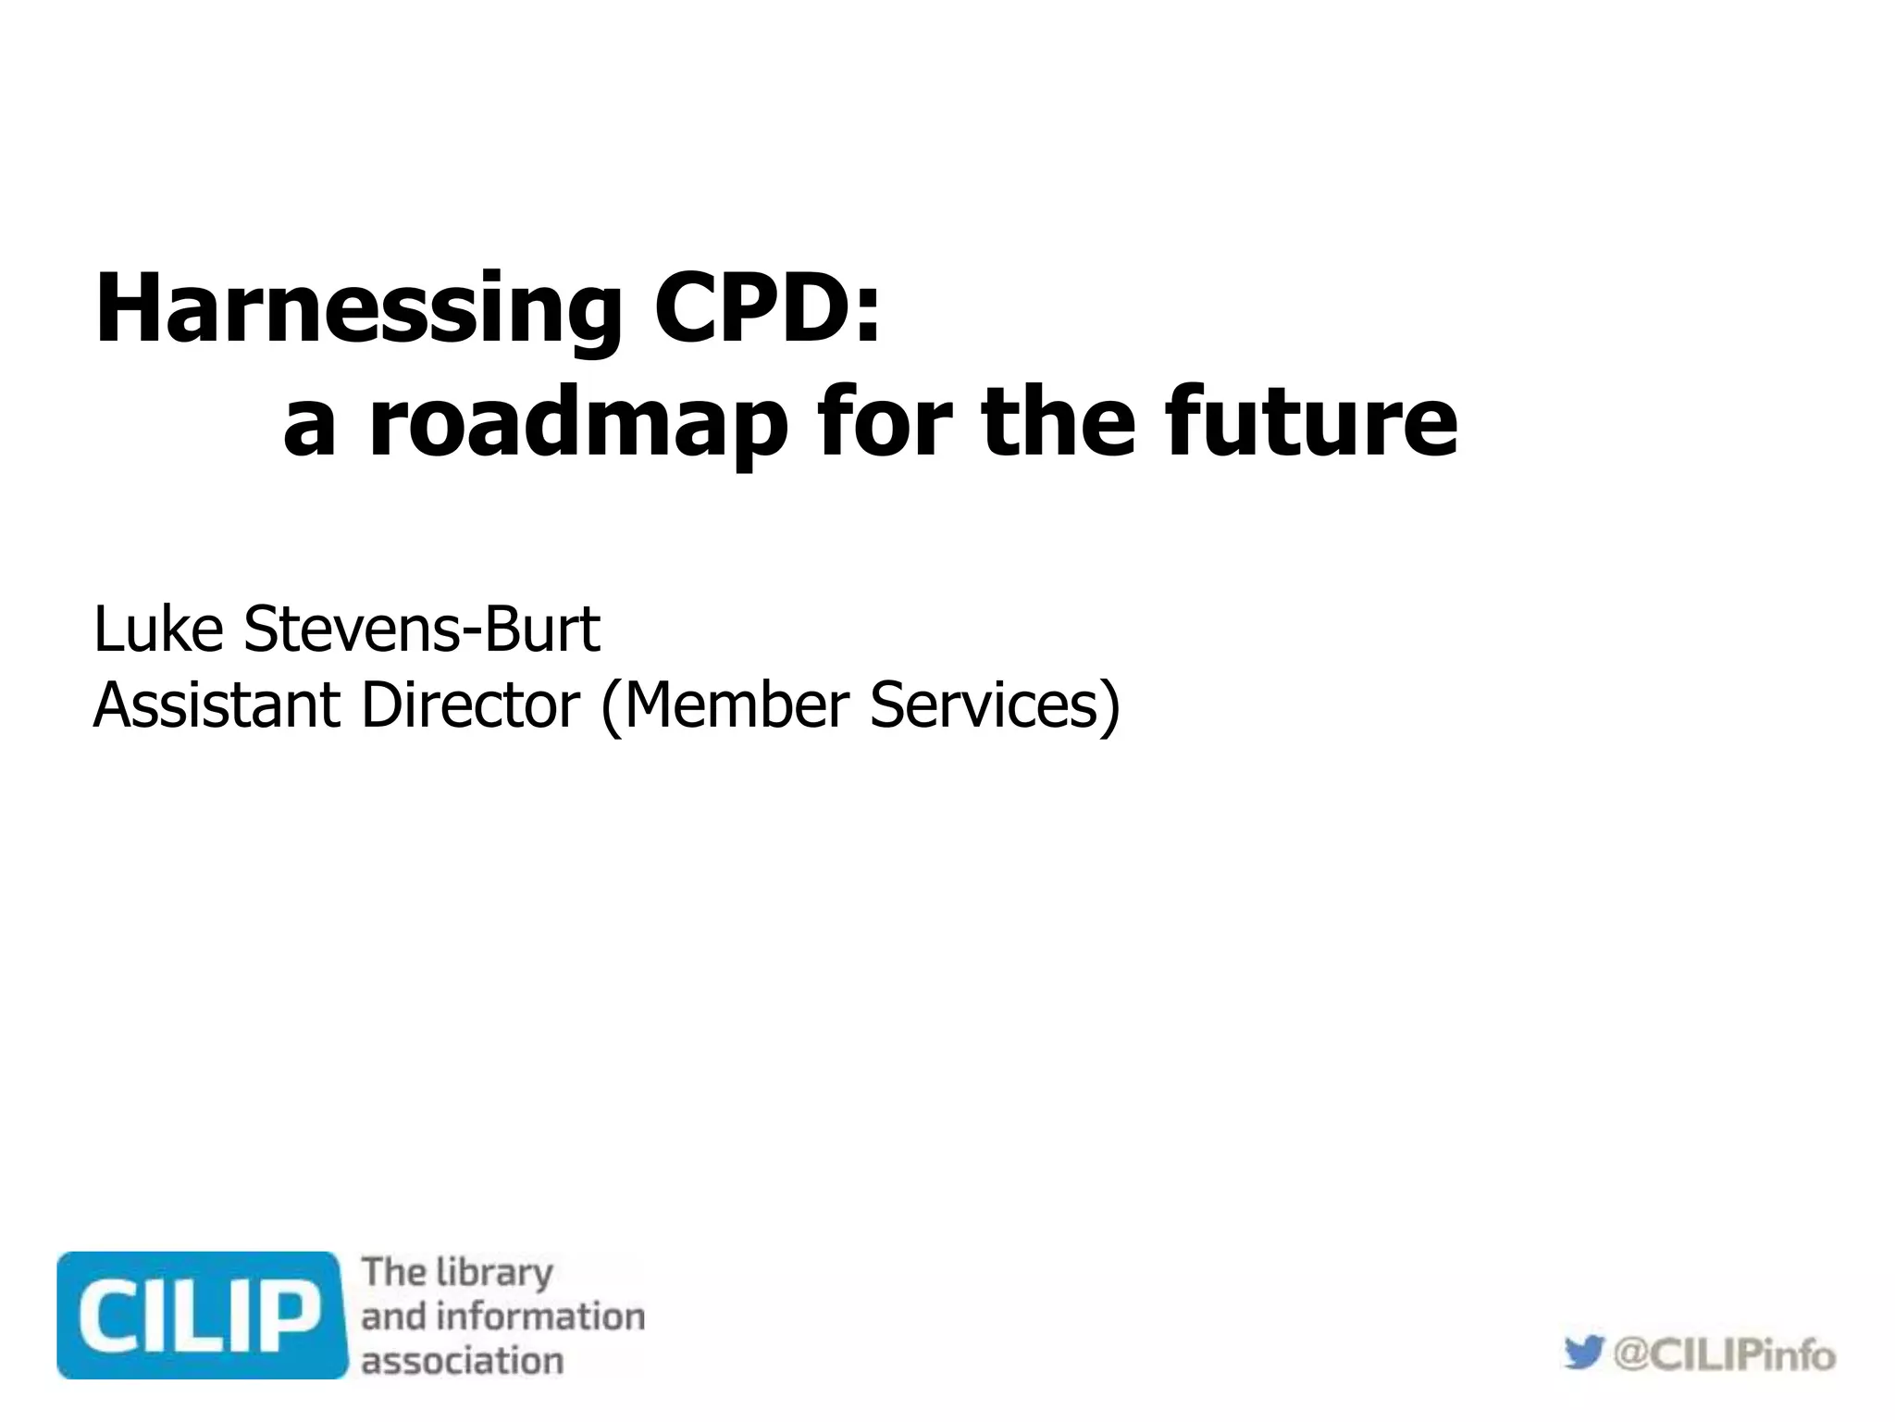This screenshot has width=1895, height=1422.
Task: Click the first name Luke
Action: tap(158, 629)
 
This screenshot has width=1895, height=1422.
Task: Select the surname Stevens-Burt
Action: tap(422, 629)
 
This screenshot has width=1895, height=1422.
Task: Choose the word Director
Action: tap(470, 705)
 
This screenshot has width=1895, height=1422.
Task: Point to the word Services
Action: tap(985, 705)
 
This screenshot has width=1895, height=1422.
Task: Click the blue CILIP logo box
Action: tap(202, 1315)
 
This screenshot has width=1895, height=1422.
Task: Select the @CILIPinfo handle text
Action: tap(1724, 1355)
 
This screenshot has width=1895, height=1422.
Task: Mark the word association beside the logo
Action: tap(462, 1361)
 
